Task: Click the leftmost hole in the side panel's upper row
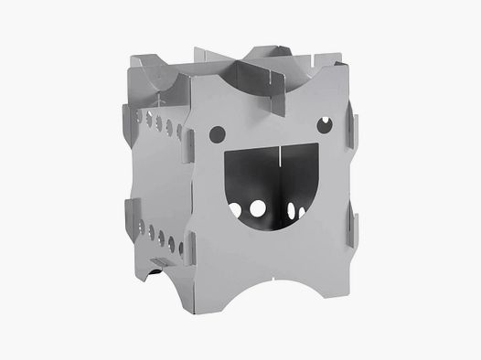click(139, 115)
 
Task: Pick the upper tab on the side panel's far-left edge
click(124, 113)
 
